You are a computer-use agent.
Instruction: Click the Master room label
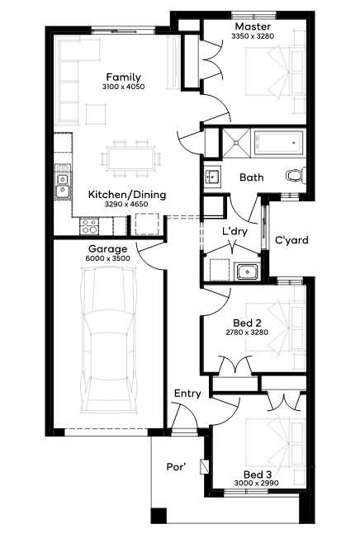click(253, 26)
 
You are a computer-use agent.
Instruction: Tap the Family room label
click(123, 77)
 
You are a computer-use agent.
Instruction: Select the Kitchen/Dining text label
click(127, 194)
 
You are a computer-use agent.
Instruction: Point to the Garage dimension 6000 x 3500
click(108, 258)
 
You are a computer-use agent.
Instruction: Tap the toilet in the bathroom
click(296, 176)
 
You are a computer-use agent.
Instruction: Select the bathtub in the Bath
click(278, 143)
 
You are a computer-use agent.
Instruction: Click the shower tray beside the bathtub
click(236, 142)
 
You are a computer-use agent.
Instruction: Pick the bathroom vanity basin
click(211, 177)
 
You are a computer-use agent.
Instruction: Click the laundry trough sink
click(247, 271)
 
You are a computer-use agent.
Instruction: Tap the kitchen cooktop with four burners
click(89, 226)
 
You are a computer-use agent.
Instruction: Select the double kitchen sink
click(63, 182)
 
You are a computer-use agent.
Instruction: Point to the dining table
click(130, 159)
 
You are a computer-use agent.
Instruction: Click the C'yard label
click(291, 240)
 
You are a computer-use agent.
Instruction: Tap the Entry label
click(187, 394)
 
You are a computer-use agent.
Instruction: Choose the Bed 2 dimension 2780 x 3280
click(247, 333)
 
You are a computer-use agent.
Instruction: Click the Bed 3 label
click(258, 475)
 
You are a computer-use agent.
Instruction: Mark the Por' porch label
click(176, 467)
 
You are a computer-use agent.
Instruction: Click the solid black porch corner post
click(159, 515)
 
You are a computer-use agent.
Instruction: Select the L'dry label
click(234, 231)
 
